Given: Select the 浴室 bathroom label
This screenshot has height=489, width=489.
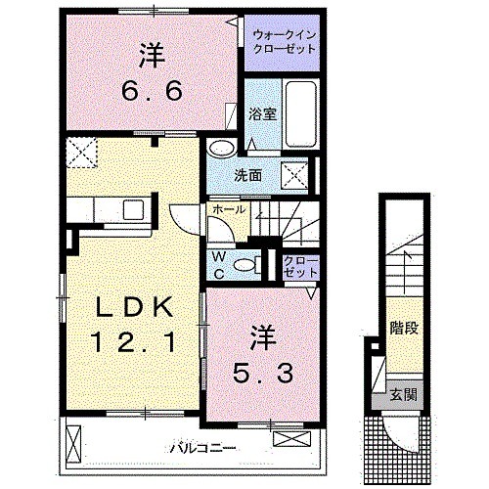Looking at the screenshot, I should click(x=263, y=113).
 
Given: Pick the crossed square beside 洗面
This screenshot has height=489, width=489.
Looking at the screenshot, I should click(x=294, y=177).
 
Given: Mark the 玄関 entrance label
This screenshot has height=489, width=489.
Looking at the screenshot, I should click(x=401, y=394).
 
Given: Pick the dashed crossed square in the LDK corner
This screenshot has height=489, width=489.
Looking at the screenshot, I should click(x=80, y=151).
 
